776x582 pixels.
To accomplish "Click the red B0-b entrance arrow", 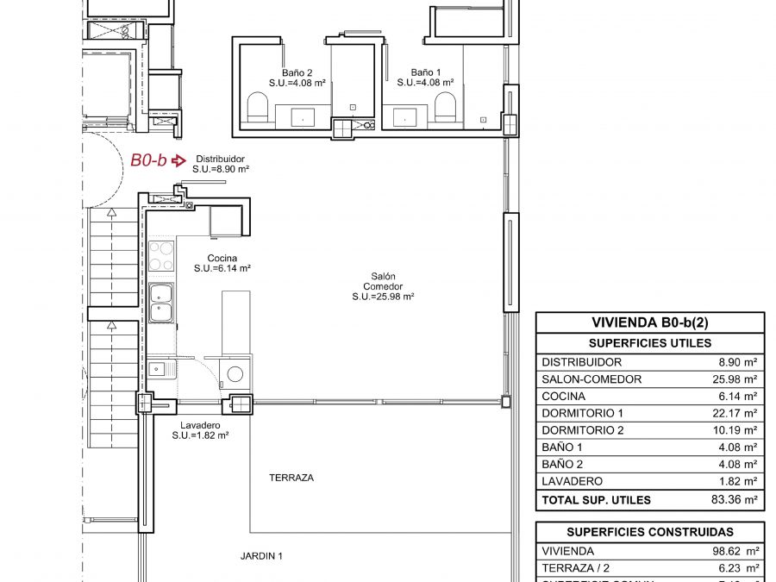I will [178, 160].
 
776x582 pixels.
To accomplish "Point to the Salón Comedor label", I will [383, 286].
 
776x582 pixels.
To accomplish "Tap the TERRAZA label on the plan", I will [291, 478].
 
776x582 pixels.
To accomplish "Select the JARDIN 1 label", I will [261, 556].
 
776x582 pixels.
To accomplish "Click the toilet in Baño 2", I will [258, 108].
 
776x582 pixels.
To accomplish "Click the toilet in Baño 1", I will [445, 108].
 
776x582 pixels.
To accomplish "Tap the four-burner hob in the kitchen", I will [161, 256].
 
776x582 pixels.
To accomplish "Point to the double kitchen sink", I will [160, 303].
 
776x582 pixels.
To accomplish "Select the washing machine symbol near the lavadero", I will [235, 374].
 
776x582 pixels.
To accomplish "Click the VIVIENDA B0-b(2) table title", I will [650, 322].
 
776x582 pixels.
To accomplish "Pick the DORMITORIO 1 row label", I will [582, 413].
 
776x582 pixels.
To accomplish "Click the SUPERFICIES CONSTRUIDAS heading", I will [650, 532].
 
